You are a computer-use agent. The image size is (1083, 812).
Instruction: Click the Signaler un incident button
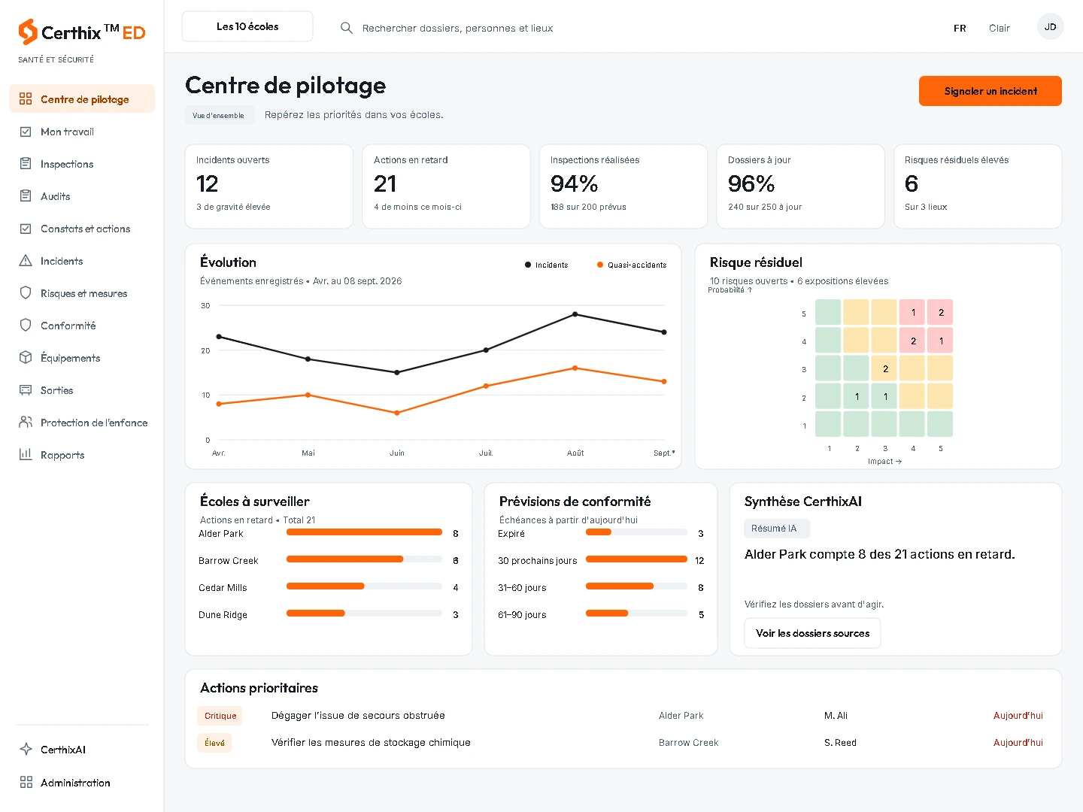click(x=990, y=91)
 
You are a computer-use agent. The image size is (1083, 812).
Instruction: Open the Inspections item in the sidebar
click(x=67, y=164)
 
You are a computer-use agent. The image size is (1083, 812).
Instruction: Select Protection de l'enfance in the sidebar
click(x=94, y=423)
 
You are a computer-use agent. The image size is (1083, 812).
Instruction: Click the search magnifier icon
click(x=347, y=28)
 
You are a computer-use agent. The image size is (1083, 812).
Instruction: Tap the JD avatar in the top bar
click(x=1050, y=26)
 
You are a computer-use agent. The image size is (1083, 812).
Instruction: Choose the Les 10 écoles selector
click(x=247, y=26)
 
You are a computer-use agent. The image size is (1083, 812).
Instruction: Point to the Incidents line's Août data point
click(x=575, y=314)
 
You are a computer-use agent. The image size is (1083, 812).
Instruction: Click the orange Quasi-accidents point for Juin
click(x=397, y=413)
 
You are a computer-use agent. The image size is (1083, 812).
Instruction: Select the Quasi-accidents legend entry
click(x=632, y=265)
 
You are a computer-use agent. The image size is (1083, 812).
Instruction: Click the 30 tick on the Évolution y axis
click(x=205, y=306)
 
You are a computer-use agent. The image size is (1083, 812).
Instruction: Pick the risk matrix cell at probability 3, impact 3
click(x=884, y=368)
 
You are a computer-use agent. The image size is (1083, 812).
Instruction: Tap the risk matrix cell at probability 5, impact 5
click(x=940, y=312)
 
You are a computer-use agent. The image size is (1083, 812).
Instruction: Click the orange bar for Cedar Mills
click(x=325, y=586)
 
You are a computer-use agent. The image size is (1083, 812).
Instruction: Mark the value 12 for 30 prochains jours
click(x=699, y=561)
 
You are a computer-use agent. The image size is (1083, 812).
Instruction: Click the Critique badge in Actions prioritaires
click(x=220, y=715)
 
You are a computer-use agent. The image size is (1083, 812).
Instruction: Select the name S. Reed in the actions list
click(x=840, y=743)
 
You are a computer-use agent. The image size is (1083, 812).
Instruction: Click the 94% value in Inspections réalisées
click(x=574, y=184)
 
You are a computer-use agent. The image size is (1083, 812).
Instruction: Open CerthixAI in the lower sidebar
click(x=62, y=750)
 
